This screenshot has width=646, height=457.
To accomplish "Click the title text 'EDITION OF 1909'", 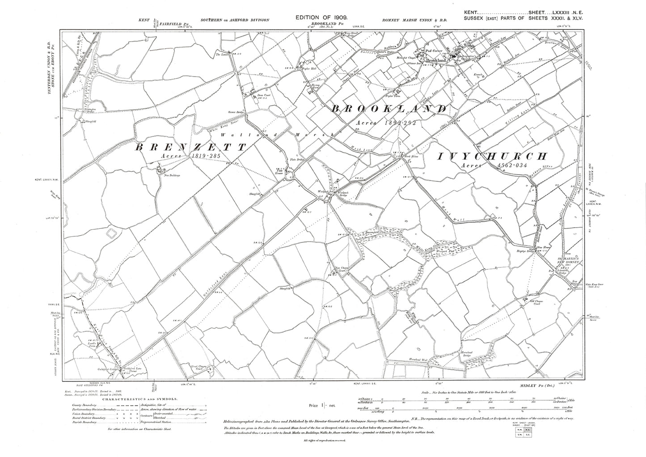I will (325, 17).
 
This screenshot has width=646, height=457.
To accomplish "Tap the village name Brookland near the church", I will (437, 60).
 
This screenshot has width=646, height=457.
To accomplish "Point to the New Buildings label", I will (171, 176).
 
